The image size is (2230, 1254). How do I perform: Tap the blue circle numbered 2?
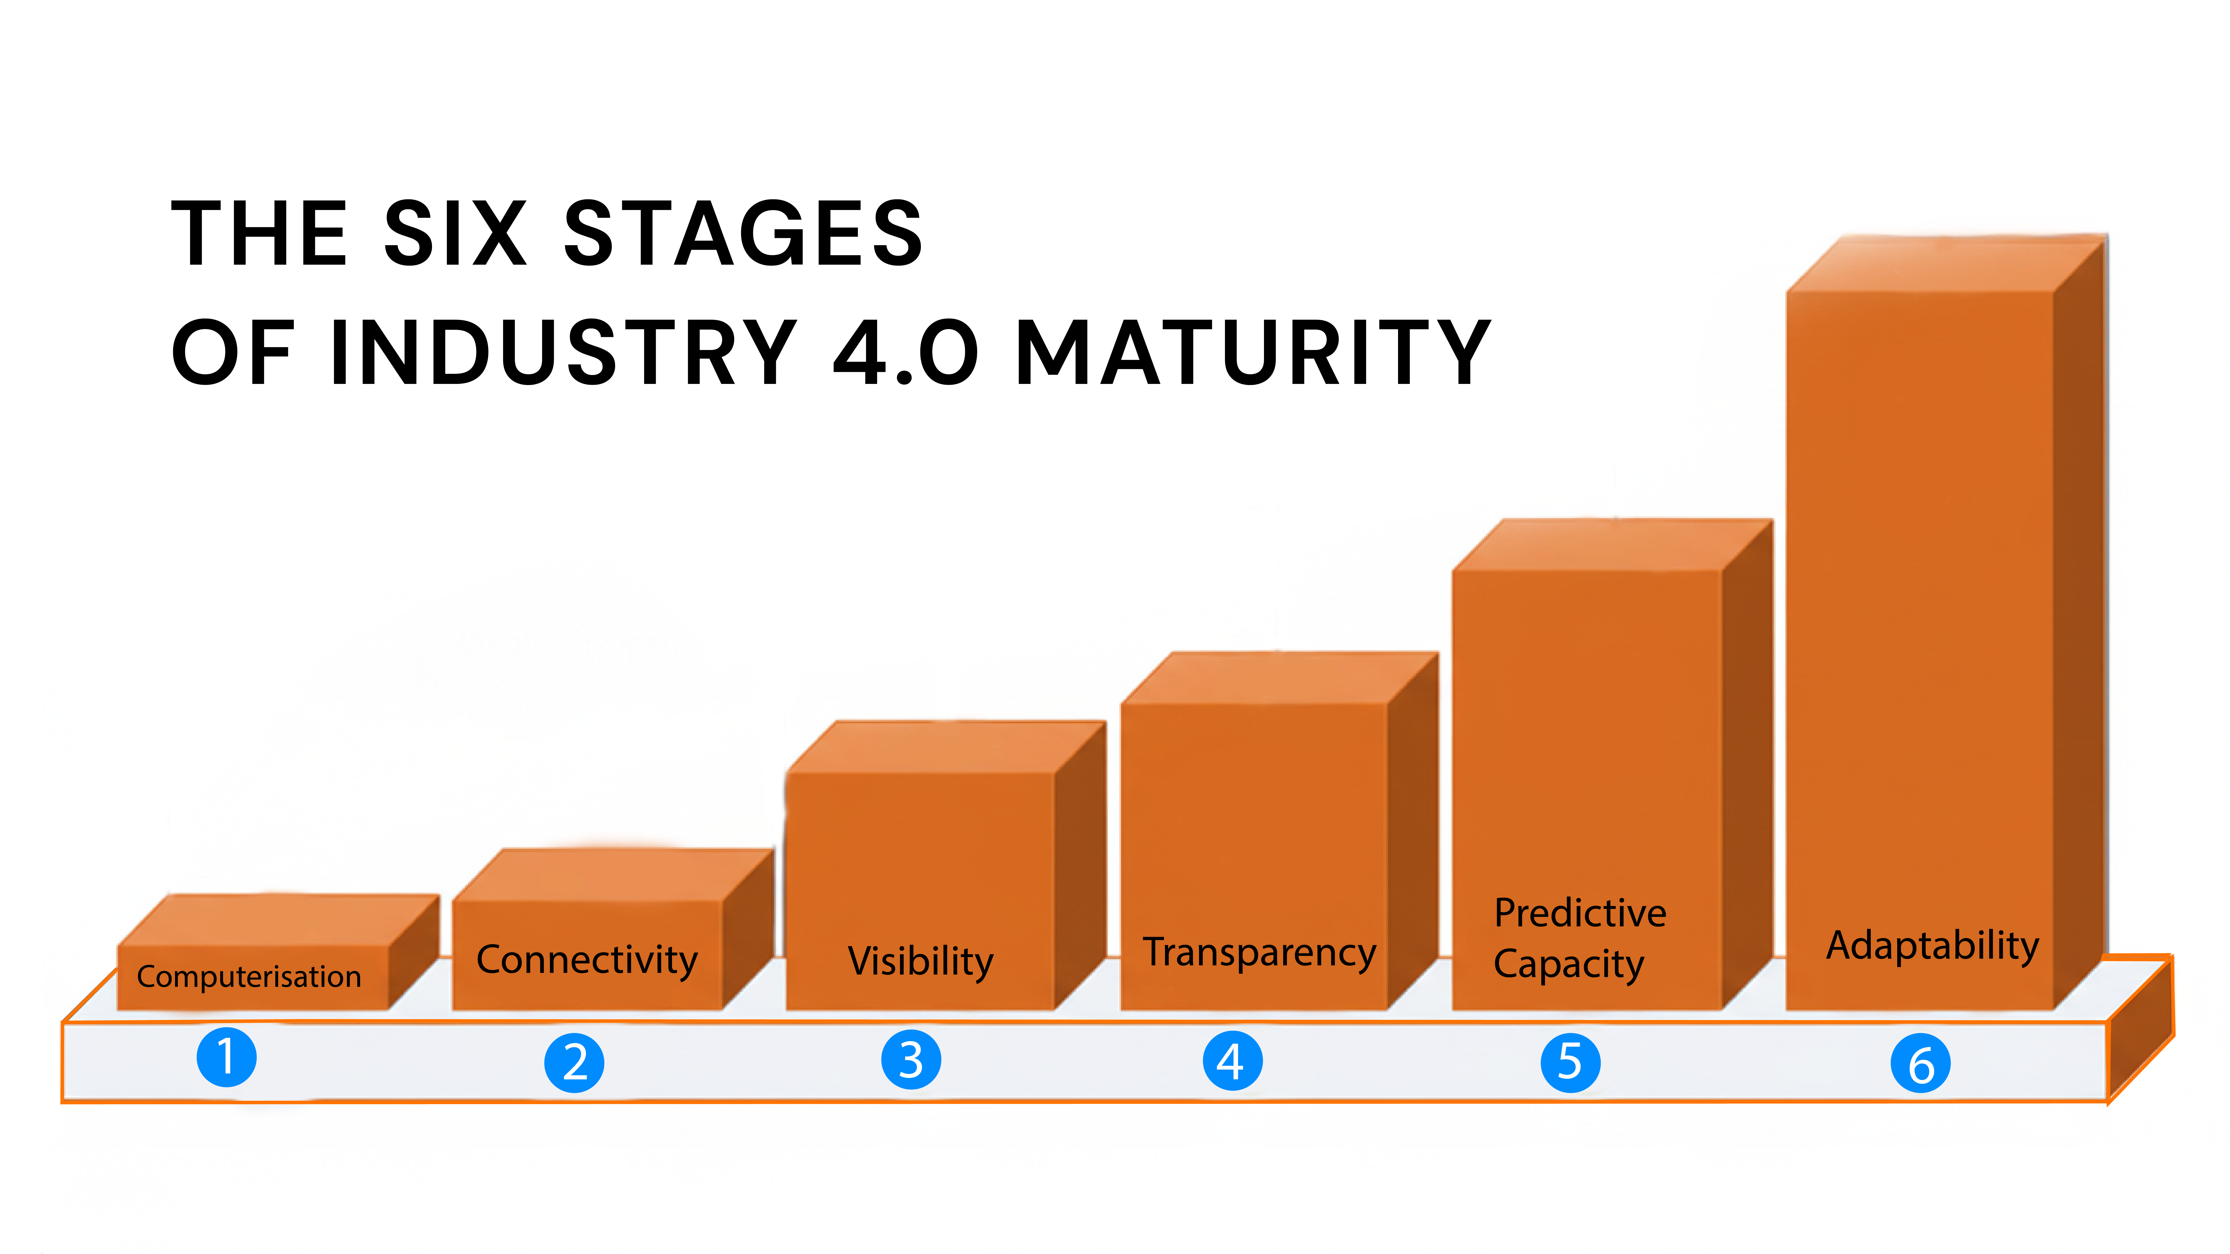click(x=574, y=1063)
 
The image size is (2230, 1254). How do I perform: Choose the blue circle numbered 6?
click(x=1920, y=1064)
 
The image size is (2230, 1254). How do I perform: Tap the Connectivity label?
click(x=587, y=960)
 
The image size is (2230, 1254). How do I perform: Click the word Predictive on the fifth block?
click(x=1580, y=913)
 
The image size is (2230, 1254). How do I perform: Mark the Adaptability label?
click(x=1932, y=946)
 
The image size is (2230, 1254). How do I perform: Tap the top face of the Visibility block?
click(x=945, y=747)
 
